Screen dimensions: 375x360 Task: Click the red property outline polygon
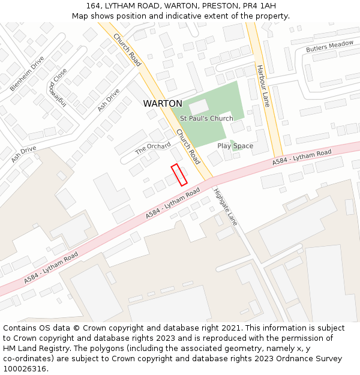click(x=179, y=175)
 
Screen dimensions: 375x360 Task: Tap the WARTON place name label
click(x=163, y=104)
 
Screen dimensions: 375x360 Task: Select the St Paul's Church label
click(x=206, y=119)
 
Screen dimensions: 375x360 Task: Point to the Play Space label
click(x=235, y=146)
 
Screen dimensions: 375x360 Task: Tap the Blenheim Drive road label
click(x=27, y=74)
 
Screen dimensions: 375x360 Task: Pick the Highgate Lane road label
click(x=226, y=207)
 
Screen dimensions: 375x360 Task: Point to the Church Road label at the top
click(x=127, y=49)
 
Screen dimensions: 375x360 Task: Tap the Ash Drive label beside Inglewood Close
click(x=109, y=100)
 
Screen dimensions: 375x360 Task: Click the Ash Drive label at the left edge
click(x=23, y=154)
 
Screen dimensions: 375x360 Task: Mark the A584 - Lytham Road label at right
click(x=302, y=157)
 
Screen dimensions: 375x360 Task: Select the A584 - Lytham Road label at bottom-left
click(x=51, y=268)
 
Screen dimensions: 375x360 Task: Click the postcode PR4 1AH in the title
click(x=251, y=5)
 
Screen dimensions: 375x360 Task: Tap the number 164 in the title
click(x=92, y=5)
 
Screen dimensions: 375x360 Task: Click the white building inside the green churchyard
click(x=199, y=107)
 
